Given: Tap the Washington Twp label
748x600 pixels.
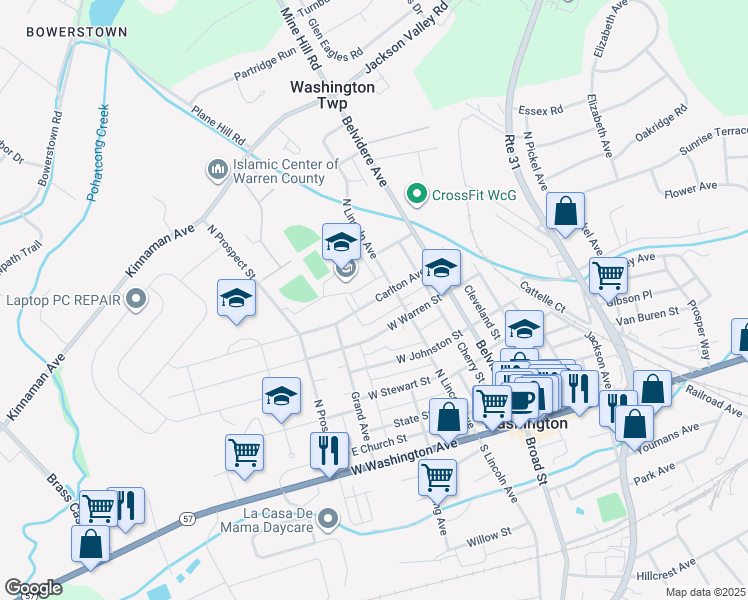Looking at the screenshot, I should pyautogui.click(x=332, y=95).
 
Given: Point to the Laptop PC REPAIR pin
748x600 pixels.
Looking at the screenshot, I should pyautogui.click(x=136, y=299).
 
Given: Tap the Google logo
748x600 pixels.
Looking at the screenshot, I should pyautogui.click(x=32, y=588).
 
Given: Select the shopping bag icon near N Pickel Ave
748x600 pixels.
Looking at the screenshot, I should pyautogui.click(x=565, y=212).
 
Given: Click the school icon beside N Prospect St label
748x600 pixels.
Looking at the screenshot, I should pyautogui.click(x=237, y=298).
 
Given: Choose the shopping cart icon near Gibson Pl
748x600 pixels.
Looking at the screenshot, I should pyautogui.click(x=608, y=274).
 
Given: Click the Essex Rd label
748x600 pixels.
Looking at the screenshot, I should pyautogui.click(x=541, y=109).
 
